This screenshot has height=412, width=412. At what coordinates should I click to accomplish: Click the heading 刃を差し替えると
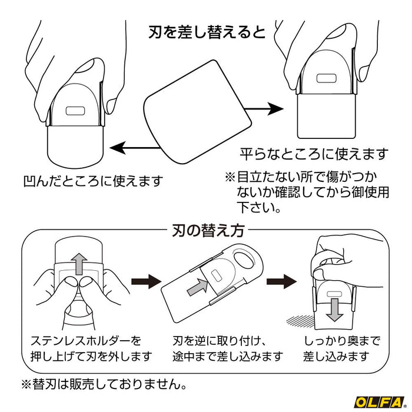click(207, 29)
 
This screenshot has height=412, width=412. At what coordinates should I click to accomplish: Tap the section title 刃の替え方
click(206, 230)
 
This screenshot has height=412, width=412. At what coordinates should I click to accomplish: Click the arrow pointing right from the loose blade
click(260, 109)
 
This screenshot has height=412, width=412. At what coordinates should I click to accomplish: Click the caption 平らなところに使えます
click(313, 154)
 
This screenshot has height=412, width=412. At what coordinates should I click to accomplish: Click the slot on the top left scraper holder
click(74, 111)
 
